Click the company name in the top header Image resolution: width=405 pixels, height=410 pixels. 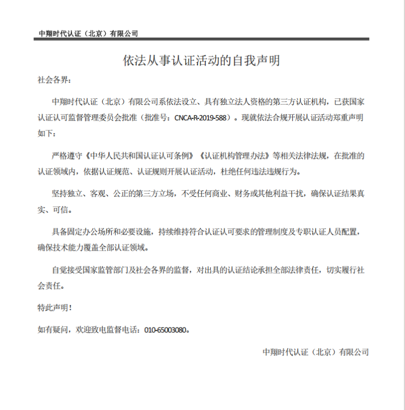coord(88,34)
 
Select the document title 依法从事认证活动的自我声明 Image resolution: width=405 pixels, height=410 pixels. coord(202,60)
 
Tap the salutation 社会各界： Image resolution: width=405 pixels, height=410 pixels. coord(54,80)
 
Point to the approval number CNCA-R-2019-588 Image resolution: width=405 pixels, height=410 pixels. coord(200,117)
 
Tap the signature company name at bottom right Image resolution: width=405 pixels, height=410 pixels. coord(315,352)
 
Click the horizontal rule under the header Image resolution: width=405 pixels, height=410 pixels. coord(202,40)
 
